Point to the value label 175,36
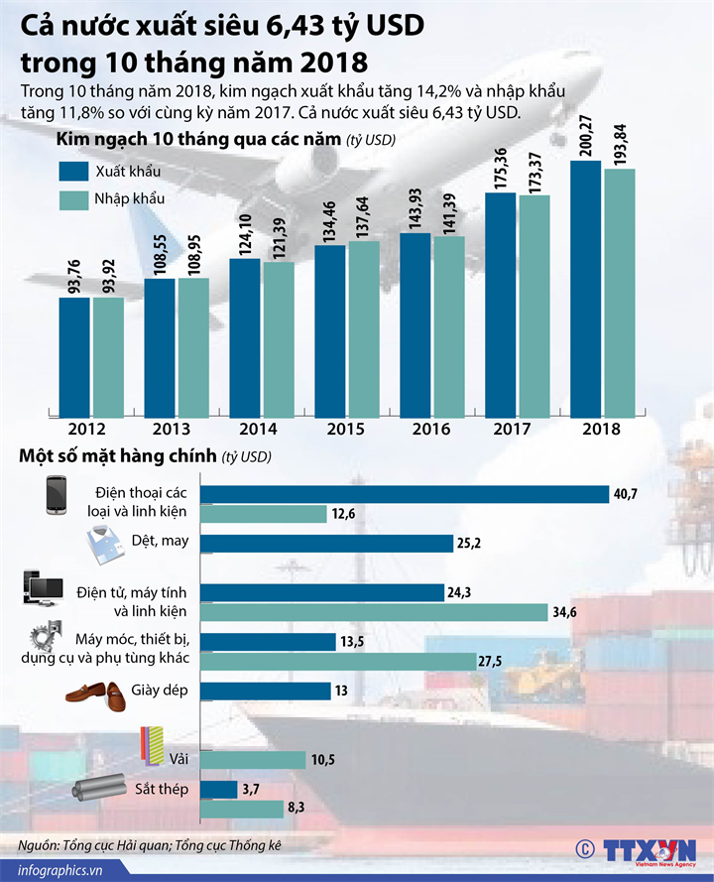[x=501, y=168]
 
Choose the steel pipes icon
[x=97, y=790]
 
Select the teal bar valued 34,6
[x=375, y=612]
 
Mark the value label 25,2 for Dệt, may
[x=469, y=543]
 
